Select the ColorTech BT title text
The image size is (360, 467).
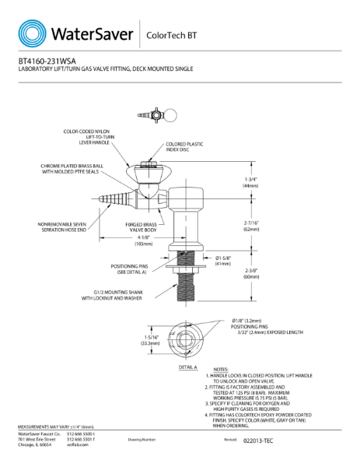(170, 35)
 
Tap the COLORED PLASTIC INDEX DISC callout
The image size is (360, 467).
(184, 147)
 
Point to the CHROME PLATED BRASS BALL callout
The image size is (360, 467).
(72, 169)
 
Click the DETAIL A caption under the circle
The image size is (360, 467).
(188, 367)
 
